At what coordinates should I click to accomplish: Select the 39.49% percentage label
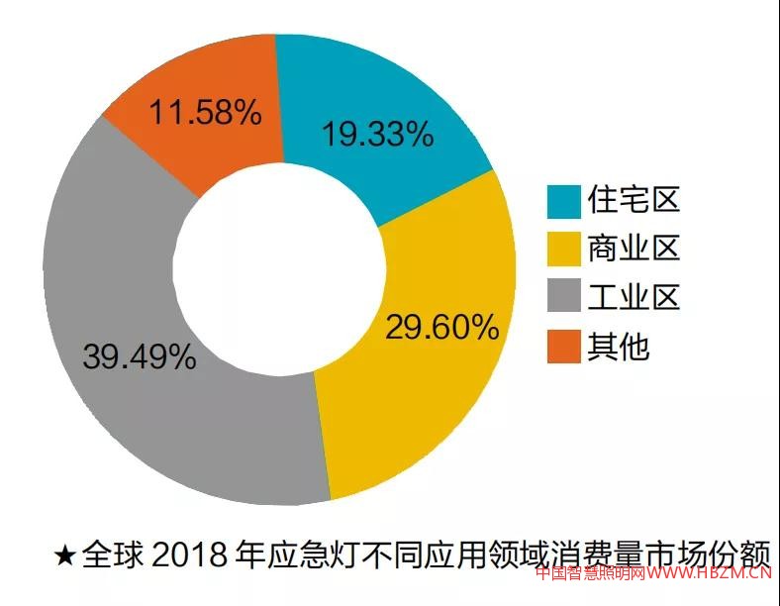140,356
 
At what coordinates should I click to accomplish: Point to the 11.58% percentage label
206,112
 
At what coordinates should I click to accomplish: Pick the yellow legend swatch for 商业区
563,250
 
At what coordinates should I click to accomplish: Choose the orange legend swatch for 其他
563,346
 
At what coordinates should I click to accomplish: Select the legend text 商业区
634,250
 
